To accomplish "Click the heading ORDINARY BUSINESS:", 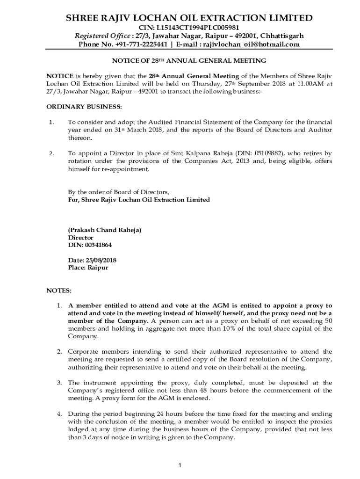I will point(84,107).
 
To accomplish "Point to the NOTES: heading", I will point(58,290).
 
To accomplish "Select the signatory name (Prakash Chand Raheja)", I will point(105,230).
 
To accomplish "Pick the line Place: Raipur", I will point(88,268).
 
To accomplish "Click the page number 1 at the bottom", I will point(180,464).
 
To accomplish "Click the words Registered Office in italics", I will point(101,36).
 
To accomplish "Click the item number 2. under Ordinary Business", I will point(51,153).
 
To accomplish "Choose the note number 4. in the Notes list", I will point(59,414).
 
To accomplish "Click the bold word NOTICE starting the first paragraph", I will point(59,76).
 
